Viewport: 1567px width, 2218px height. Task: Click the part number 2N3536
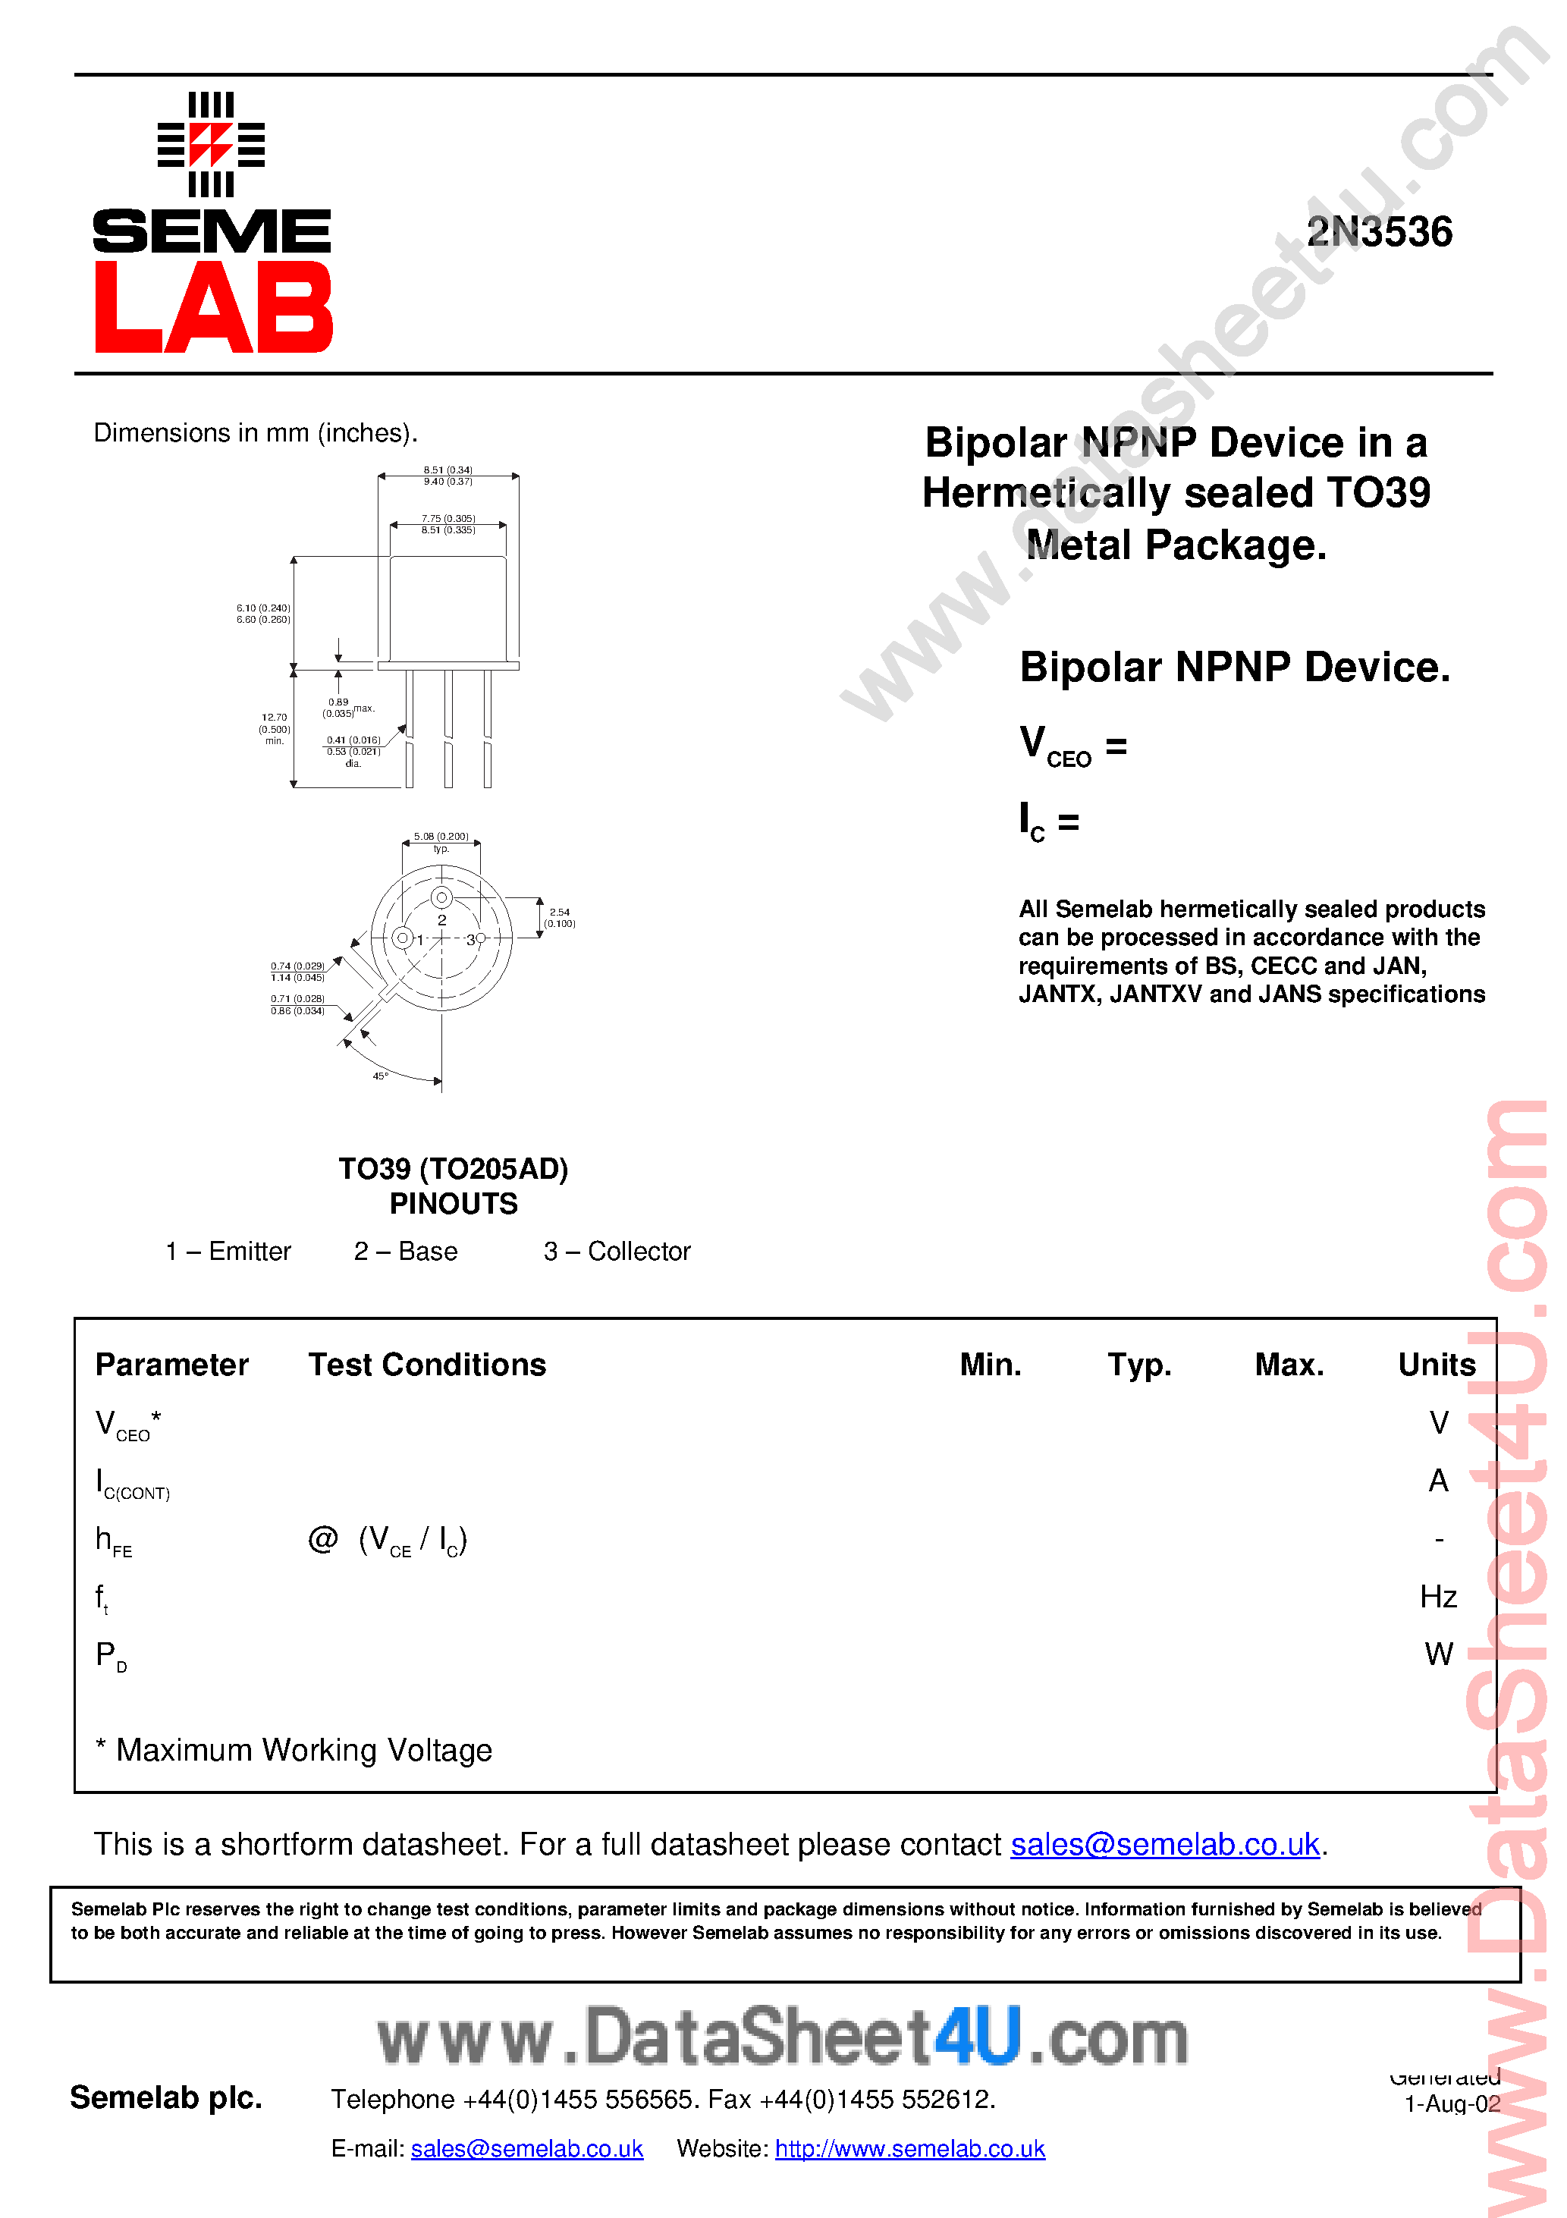click(x=1379, y=232)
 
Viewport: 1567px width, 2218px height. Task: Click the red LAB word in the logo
click(x=213, y=307)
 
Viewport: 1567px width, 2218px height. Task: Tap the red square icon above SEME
click(x=211, y=144)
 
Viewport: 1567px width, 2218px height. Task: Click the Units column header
click(x=1437, y=1364)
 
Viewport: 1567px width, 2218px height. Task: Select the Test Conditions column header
click(x=427, y=1364)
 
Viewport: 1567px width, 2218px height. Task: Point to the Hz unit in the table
click(x=1437, y=1596)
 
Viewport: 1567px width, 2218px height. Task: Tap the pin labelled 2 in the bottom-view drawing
click(x=441, y=897)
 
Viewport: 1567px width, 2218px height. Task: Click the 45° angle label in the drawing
click(x=381, y=1075)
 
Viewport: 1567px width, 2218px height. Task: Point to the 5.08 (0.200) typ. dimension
click(x=441, y=841)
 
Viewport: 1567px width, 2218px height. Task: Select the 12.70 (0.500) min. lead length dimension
click(x=275, y=728)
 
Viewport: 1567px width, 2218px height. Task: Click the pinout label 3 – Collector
click(x=617, y=1251)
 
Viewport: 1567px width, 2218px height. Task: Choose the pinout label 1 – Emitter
click(x=228, y=1251)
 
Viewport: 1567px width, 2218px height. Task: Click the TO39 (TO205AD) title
click(x=453, y=1169)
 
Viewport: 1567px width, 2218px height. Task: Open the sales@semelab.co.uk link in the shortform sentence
click(x=1164, y=1844)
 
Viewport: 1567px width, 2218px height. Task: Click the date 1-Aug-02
click(x=1451, y=2104)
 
